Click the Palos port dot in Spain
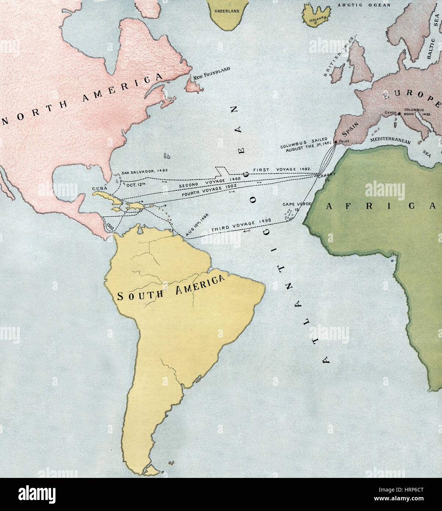[335, 141]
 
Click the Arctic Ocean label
[359, 5]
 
